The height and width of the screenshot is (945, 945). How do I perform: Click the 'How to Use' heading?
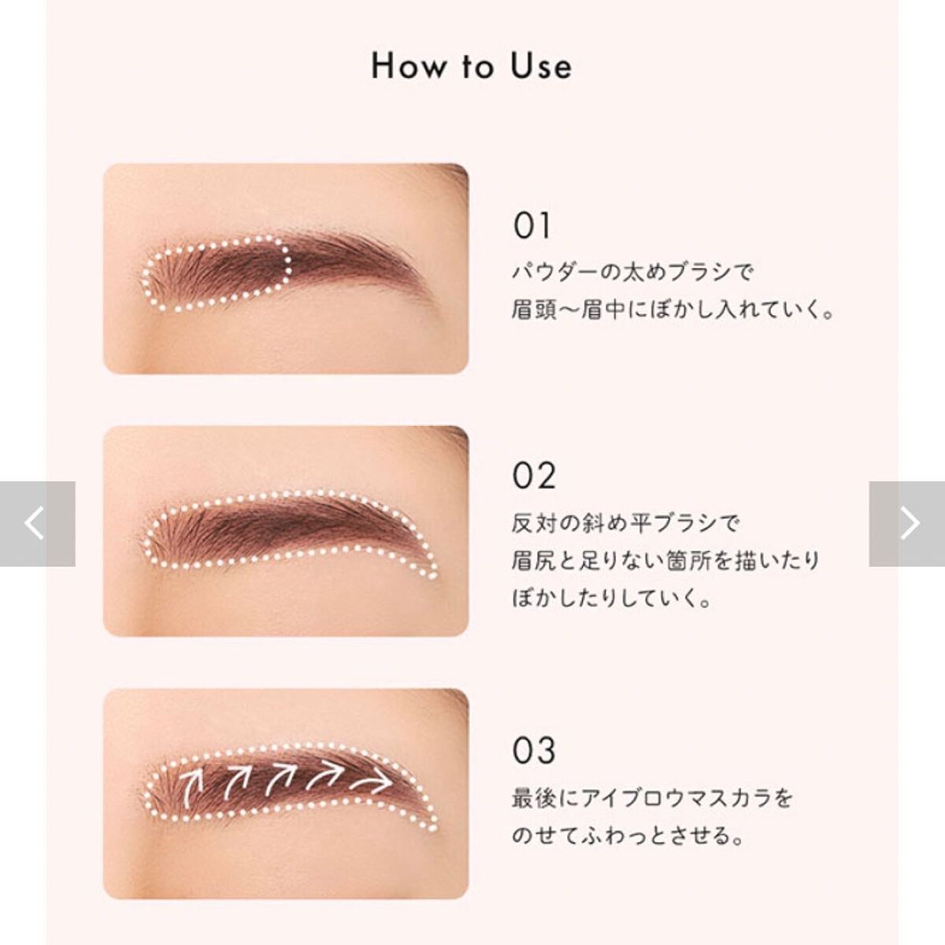pos(472,66)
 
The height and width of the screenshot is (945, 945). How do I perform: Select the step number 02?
pos(534,476)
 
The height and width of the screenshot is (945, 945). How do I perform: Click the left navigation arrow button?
pos(37,524)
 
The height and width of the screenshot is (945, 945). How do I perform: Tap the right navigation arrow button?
pos(907,524)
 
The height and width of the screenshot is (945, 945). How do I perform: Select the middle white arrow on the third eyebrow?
pos(280,779)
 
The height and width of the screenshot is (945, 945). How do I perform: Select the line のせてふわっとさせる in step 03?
pos(628,836)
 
